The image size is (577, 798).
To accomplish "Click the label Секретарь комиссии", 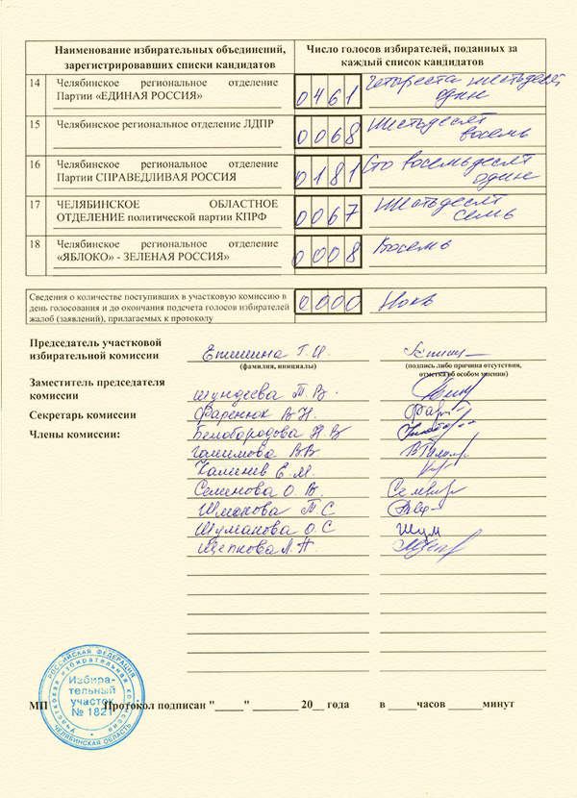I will [82, 415].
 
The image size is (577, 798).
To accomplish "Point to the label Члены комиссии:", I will [76, 436].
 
